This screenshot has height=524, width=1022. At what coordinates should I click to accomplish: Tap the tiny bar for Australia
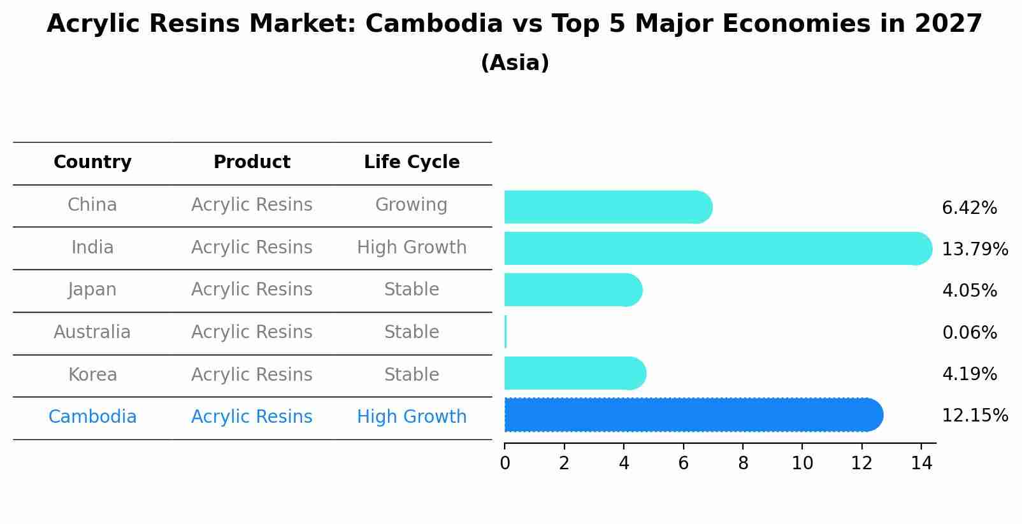click(506, 332)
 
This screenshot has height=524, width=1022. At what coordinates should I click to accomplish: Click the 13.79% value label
click(974, 249)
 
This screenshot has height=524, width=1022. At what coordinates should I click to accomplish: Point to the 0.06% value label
click(969, 332)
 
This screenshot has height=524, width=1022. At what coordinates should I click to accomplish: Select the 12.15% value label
click(974, 416)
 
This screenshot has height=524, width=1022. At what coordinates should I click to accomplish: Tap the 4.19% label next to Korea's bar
click(969, 374)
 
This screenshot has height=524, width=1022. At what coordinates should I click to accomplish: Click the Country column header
click(92, 162)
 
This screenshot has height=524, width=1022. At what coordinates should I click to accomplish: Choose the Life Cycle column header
click(412, 162)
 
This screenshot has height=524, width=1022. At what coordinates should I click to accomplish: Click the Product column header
click(252, 162)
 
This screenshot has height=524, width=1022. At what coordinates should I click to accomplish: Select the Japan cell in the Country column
click(92, 290)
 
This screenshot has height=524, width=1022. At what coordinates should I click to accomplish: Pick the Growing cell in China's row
click(411, 205)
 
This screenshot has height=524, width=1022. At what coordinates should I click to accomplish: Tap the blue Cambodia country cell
click(92, 417)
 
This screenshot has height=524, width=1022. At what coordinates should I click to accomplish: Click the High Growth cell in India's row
click(412, 247)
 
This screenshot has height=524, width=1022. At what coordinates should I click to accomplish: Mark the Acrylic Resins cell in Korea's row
click(252, 374)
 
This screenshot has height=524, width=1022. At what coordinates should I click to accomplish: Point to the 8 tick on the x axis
click(743, 464)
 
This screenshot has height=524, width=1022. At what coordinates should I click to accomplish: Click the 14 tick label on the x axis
click(921, 464)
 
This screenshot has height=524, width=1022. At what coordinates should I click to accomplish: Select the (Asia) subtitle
click(515, 63)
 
